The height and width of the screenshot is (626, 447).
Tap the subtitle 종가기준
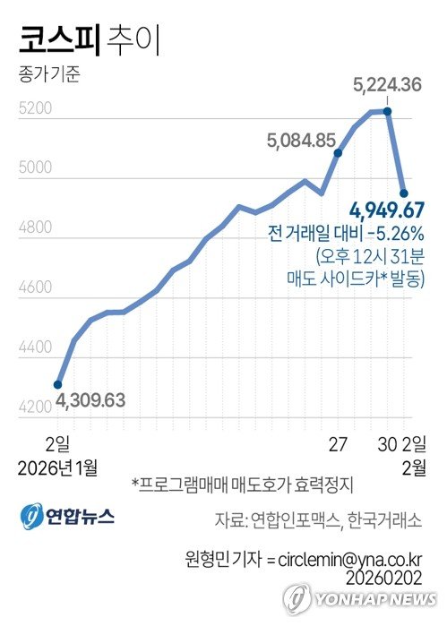[48, 74]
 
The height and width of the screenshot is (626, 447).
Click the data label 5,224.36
[388, 87]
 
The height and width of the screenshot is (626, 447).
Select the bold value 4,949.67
[387, 211]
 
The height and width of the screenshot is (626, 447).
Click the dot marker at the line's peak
[387, 111]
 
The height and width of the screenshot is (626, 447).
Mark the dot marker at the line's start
[59, 383]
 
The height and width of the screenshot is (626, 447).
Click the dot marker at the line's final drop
[404, 193]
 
